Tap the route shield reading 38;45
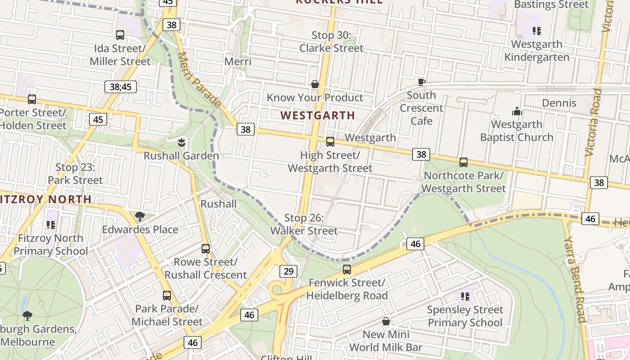(x=121, y=86)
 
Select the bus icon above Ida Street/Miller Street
(x=120, y=35)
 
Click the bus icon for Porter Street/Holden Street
(x=32, y=99)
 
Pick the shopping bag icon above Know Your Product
(x=315, y=84)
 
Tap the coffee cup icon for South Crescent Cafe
(x=421, y=81)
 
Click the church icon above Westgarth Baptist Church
(x=517, y=111)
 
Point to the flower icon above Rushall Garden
(x=181, y=142)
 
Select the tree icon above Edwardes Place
(x=140, y=216)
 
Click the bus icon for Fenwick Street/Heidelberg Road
(x=347, y=270)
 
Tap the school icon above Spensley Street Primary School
(x=465, y=296)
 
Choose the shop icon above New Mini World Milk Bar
(x=386, y=321)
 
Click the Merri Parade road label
(x=199, y=80)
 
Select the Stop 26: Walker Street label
(x=304, y=225)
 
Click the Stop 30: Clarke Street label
(x=331, y=41)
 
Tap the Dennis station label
(x=559, y=103)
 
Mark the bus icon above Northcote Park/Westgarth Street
(x=463, y=162)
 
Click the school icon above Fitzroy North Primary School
(x=51, y=225)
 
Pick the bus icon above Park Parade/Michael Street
(x=167, y=296)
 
